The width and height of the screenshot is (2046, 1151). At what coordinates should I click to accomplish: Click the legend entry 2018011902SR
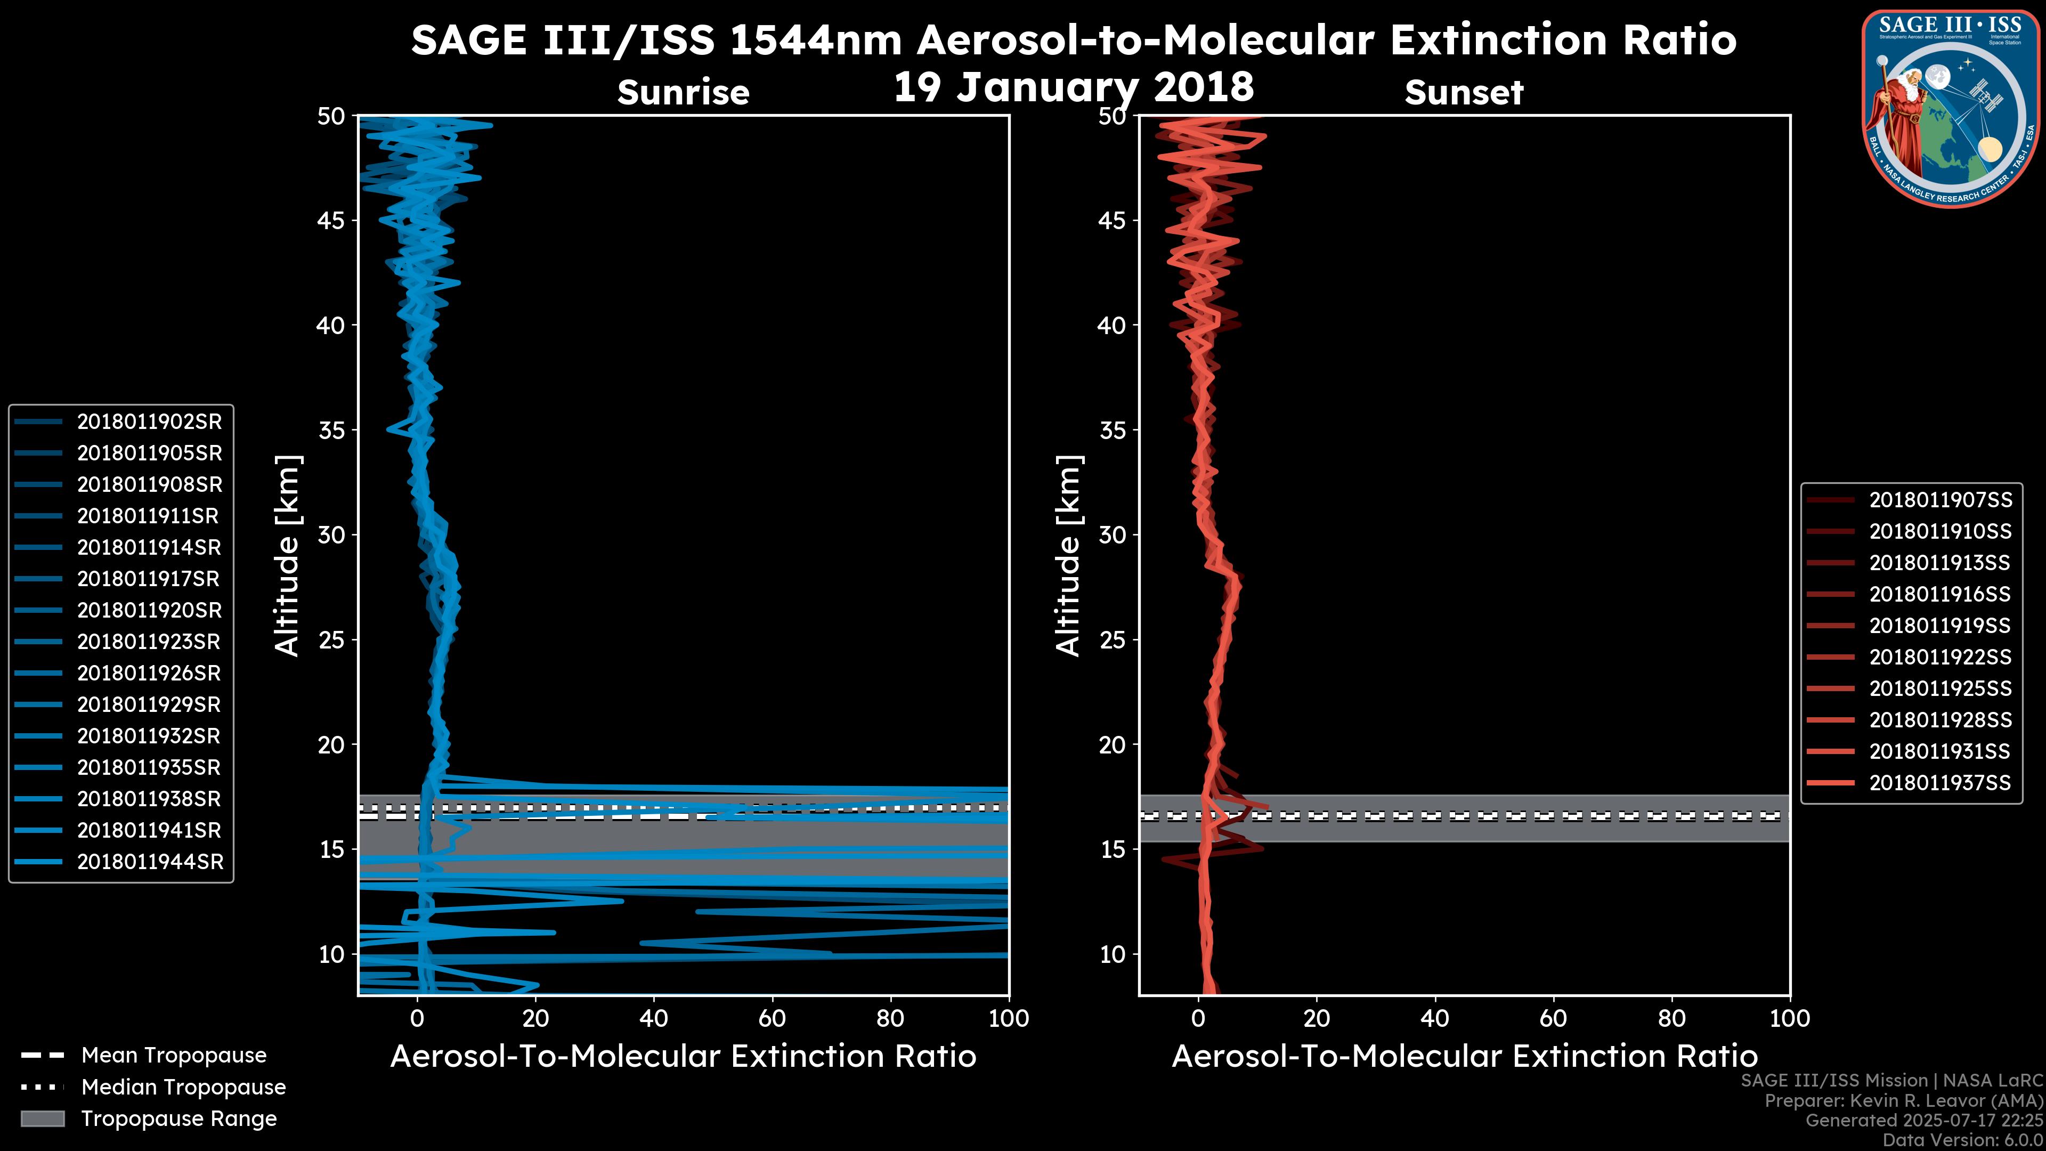149,422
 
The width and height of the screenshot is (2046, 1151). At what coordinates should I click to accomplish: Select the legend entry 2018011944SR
150,862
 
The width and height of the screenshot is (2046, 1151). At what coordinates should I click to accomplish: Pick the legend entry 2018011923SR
149,642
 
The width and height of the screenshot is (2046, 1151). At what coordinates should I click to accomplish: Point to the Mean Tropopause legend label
174,1056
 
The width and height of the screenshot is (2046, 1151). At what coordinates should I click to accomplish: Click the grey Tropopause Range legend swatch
43,1118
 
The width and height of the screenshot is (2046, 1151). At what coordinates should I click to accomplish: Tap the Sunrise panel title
683,93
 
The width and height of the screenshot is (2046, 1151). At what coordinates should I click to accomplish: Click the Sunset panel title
1464,93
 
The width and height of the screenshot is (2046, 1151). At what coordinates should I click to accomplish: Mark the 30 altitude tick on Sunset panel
1113,534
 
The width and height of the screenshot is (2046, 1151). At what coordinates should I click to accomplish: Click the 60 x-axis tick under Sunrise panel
772,1018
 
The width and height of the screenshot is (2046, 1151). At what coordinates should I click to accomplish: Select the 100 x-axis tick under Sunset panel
1790,1018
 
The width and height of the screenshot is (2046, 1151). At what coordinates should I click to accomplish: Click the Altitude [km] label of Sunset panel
1068,555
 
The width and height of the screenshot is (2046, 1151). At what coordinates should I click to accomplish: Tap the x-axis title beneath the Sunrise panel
683,1057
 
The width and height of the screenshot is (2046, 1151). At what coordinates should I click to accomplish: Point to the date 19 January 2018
1074,86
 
